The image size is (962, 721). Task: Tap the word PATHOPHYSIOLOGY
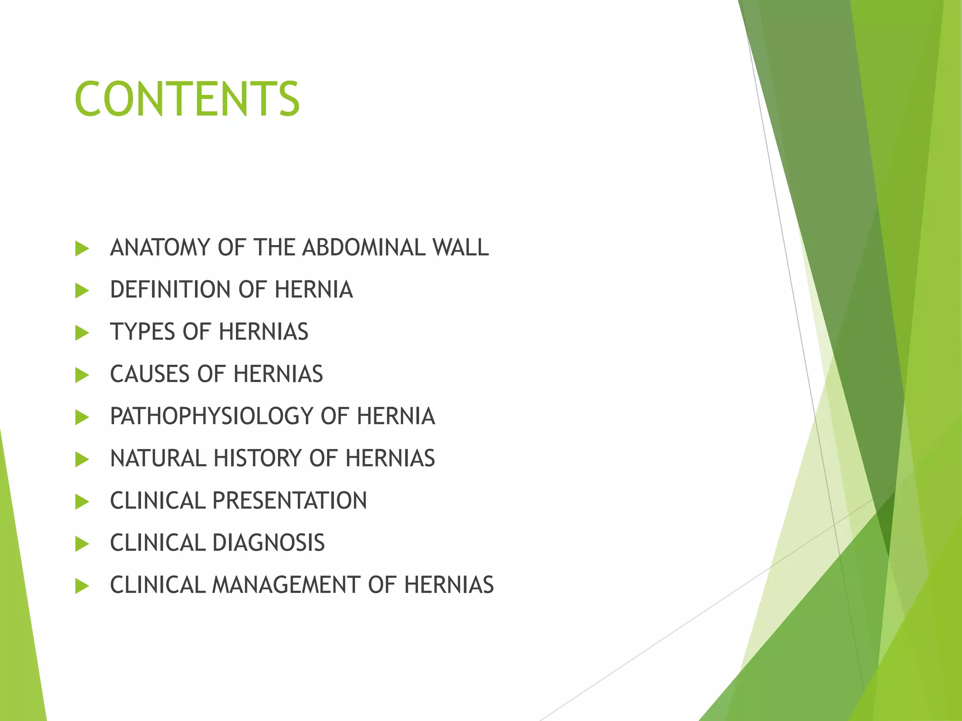click(x=211, y=416)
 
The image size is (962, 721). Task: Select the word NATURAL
click(x=158, y=459)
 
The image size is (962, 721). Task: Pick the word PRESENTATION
click(x=289, y=501)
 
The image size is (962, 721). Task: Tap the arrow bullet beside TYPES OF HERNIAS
click(x=82, y=333)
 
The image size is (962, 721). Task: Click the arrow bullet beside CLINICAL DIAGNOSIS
click(x=82, y=545)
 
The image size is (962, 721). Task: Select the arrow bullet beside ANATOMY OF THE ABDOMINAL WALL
click(x=82, y=249)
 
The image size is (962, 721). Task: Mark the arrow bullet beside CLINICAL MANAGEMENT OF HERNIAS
click(x=82, y=586)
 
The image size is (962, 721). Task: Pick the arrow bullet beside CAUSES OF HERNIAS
click(x=82, y=376)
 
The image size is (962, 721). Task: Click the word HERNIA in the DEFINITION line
click(x=313, y=290)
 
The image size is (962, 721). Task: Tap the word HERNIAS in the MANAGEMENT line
click(x=449, y=585)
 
